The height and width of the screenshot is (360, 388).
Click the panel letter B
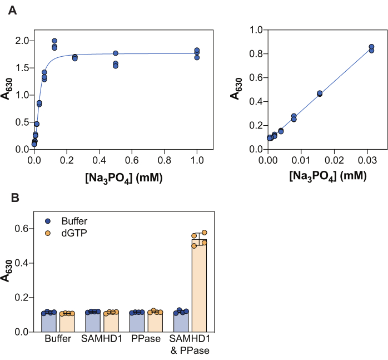pyautogui.click(x=11, y=198)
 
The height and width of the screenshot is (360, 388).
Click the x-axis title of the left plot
pyautogui.click(x=115, y=177)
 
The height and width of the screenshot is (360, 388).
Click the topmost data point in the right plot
pyautogui.click(x=371, y=47)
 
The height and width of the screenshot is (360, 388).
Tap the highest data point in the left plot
pyautogui.click(x=54, y=41)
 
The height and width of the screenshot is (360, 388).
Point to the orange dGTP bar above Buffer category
pyautogui.click(x=67, y=323)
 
